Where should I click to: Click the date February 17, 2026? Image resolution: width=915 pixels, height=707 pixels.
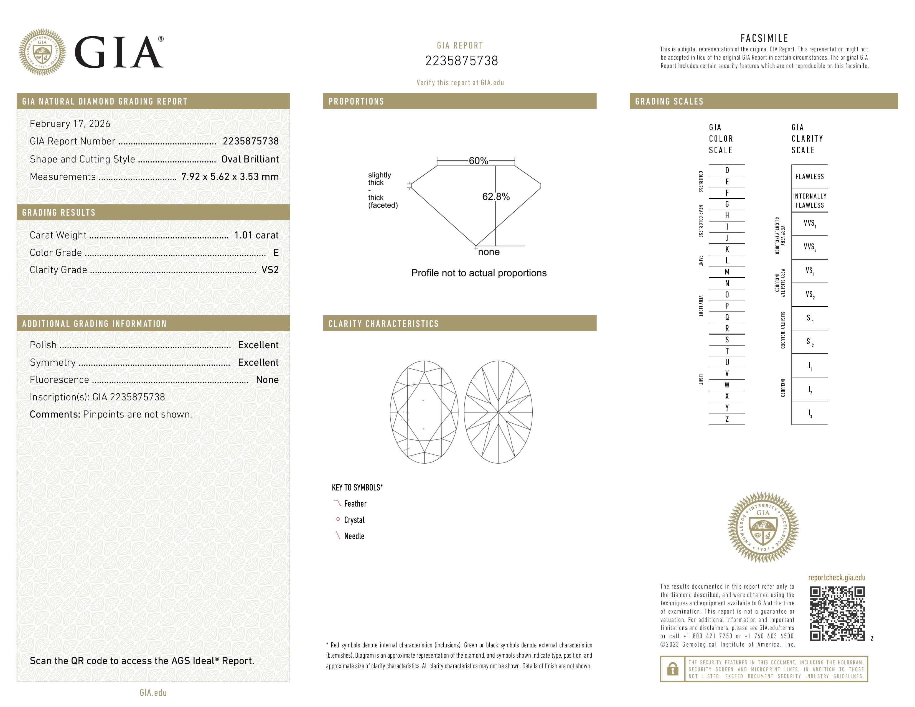point(70,124)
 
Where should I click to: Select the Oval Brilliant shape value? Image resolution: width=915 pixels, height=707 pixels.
point(250,159)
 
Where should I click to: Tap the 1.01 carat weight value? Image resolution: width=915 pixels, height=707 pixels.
point(256,235)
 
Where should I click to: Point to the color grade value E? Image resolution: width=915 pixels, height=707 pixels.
point(276,253)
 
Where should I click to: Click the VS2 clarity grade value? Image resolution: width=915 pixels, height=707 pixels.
point(270,270)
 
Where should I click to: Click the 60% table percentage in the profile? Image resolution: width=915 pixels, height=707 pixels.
point(478,161)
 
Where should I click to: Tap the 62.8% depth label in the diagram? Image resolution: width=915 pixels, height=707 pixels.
point(496,197)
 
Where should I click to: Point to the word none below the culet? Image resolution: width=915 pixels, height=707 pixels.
point(489,252)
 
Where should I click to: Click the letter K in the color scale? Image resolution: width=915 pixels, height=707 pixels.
point(727,249)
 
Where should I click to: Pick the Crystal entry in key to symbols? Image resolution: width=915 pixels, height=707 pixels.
point(354,520)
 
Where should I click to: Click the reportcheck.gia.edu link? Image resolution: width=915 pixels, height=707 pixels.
point(836,578)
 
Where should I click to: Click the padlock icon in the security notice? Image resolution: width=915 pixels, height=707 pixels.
point(672,669)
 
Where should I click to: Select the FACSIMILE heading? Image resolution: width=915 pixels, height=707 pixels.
point(764,38)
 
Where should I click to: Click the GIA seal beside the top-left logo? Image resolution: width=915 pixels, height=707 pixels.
point(42,52)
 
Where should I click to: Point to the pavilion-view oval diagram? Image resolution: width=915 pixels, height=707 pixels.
point(498,412)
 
